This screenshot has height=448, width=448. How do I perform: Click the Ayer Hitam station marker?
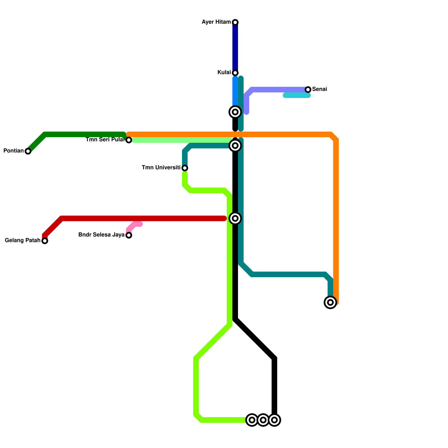coord(235,22)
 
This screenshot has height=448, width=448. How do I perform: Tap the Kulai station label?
coord(224,73)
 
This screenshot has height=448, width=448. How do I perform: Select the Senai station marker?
coord(308,90)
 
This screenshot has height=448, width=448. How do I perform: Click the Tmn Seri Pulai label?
coord(105,139)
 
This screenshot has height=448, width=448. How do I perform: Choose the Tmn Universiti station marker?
coord(185,168)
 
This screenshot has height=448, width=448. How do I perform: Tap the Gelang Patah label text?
coord(23,240)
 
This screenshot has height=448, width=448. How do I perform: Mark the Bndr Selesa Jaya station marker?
coord(129,235)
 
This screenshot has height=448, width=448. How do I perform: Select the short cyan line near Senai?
coord(297,95)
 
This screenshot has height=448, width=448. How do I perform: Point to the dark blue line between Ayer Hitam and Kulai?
coord(235,48)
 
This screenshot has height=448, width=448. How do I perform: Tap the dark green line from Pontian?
coord(84,134)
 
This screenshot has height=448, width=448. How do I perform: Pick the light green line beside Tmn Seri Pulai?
coord(182,140)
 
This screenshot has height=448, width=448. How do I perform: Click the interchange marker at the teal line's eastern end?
coord(330,302)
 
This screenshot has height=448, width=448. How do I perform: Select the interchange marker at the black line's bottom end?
coord(274,420)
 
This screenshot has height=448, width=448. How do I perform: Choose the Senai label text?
coord(319,89)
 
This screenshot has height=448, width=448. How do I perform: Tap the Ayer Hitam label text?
coord(216,22)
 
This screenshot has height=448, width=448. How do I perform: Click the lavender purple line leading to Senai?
coord(277,90)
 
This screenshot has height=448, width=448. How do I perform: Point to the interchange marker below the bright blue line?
coord(235,112)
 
